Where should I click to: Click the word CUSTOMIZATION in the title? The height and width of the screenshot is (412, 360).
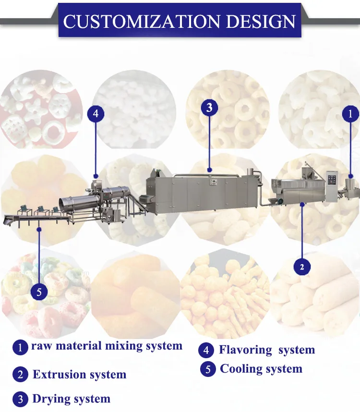[142, 21]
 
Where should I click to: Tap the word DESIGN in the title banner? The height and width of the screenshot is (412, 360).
[261, 21]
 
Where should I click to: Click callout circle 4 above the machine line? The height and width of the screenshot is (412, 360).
[96, 114]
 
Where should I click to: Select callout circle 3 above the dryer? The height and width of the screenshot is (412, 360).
[209, 108]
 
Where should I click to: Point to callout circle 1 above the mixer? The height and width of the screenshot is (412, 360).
[350, 114]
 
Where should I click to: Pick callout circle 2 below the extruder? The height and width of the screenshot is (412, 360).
[302, 267]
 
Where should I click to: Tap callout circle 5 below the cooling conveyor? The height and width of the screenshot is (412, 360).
[39, 292]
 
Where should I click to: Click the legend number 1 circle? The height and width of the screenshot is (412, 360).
[20, 347]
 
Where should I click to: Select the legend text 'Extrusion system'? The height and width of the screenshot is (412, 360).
[79, 375]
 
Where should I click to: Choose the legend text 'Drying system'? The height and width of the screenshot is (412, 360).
[71, 399]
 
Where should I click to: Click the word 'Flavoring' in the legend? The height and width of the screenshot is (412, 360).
[245, 350]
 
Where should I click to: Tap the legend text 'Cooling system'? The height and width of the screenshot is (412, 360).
[261, 369]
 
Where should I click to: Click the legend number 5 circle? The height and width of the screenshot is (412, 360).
[208, 369]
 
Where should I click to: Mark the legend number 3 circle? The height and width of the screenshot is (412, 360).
[20, 400]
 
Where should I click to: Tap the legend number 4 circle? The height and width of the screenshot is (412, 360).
[206, 350]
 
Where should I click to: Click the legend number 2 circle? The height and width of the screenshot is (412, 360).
[20, 375]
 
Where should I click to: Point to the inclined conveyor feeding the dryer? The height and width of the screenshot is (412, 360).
[136, 205]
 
